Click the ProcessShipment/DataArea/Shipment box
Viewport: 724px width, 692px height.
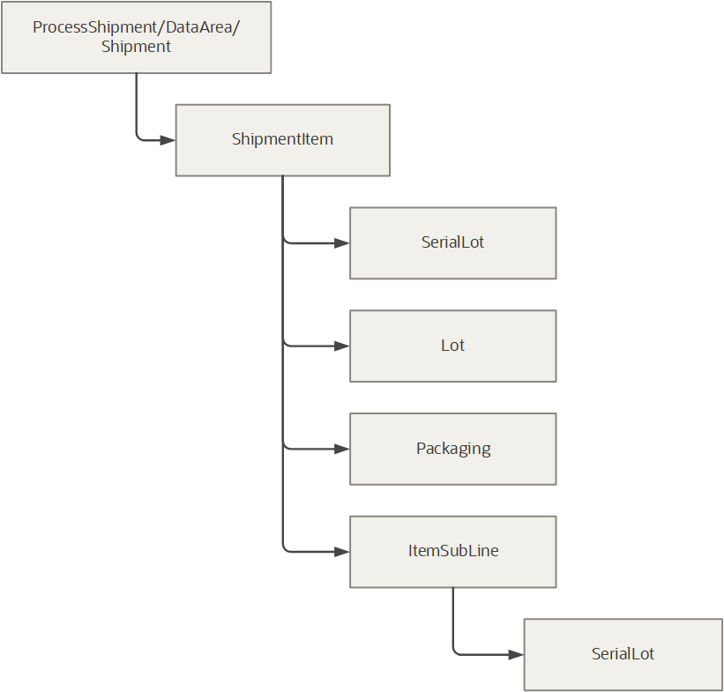136,37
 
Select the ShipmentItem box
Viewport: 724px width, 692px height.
282,140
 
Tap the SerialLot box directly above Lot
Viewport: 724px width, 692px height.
452,242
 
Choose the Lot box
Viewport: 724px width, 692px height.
452,346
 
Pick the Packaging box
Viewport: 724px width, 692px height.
452,449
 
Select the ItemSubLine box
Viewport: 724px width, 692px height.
452,552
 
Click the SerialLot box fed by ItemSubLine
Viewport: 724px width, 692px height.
623,654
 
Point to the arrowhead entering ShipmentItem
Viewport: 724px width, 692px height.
168,139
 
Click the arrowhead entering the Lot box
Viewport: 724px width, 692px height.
342,346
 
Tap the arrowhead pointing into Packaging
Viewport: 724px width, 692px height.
342,449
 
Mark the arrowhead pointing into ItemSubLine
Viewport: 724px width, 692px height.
342,552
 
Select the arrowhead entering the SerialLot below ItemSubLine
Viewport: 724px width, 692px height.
516,654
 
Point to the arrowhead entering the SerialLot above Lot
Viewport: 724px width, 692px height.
342,242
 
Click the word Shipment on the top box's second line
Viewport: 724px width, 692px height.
136,47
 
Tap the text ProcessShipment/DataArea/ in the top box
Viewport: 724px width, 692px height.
136,27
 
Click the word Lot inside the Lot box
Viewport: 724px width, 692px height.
452,346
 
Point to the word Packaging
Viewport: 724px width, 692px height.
453,449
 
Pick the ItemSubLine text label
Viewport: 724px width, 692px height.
453,552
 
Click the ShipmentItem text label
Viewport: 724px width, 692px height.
282,139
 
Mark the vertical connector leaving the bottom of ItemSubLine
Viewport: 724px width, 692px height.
453,617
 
